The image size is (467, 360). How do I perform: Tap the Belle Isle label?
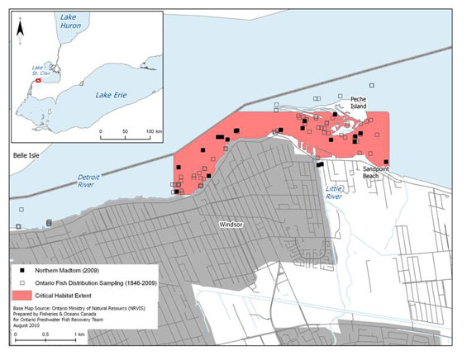[x=25, y=154]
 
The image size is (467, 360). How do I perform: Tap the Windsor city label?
[x=230, y=224]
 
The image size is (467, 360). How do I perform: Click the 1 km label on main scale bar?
[x=79, y=334]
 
